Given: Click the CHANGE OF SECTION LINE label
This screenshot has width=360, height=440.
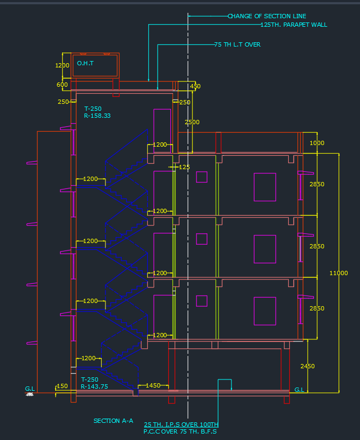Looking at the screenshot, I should click(x=267, y=16).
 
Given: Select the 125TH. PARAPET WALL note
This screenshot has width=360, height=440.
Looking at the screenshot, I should click(x=293, y=25).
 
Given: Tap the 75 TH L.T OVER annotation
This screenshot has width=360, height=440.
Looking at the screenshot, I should click(x=237, y=44).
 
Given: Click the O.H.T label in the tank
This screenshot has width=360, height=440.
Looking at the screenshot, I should click(x=85, y=63).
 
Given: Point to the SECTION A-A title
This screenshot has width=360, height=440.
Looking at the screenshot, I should click(x=113, y=421).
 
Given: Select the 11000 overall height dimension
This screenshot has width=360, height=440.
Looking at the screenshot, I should click(x=339, y=273).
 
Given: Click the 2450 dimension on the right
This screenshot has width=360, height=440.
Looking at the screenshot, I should click(x=307, y=366).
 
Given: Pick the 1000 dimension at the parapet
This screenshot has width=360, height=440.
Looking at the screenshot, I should click(x=317, y=143).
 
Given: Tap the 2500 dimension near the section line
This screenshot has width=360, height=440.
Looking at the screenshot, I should click(x=192, y=122).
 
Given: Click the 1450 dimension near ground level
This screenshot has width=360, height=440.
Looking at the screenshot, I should click(x=153, y=385).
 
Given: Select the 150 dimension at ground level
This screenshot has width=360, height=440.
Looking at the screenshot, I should click(x=62, y=386).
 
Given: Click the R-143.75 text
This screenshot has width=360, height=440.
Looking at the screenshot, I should click(x=94, y=386).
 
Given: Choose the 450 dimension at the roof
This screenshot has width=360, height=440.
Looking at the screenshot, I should click(x=195, y=86).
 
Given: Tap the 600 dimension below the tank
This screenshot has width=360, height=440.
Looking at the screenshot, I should click(x=62, y=85).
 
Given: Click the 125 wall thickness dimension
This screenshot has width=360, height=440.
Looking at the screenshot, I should click(x=184, y=167).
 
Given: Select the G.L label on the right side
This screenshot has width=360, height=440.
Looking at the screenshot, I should click(x=299, y=390).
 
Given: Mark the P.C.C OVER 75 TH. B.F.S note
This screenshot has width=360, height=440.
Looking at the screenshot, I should click(x=181, y=431).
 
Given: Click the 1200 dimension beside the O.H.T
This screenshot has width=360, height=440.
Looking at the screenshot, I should click(x=62, y=65).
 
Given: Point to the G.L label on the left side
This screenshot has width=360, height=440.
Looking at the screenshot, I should click(x=30, y=388).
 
